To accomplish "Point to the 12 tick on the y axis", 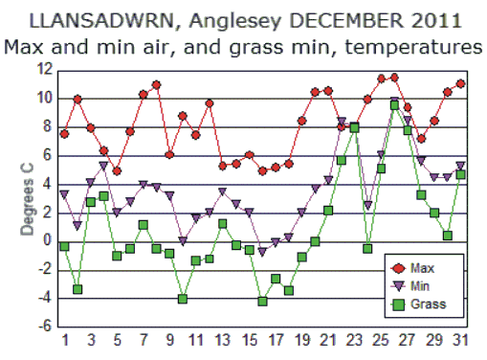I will (44, 70).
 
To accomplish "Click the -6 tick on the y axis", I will (44, 326).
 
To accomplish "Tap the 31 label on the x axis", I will (460, 341).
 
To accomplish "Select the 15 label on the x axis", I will (249, 341).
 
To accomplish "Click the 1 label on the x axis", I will (64, 341).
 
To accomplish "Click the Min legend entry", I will (421, 286).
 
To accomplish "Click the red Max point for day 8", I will (156, 85).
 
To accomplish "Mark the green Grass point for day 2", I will (77, 289).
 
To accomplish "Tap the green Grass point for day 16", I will (262, 301).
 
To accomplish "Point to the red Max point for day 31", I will (460, 83).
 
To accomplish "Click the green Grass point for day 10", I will (183, 299).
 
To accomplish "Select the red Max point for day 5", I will (117, 171).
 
